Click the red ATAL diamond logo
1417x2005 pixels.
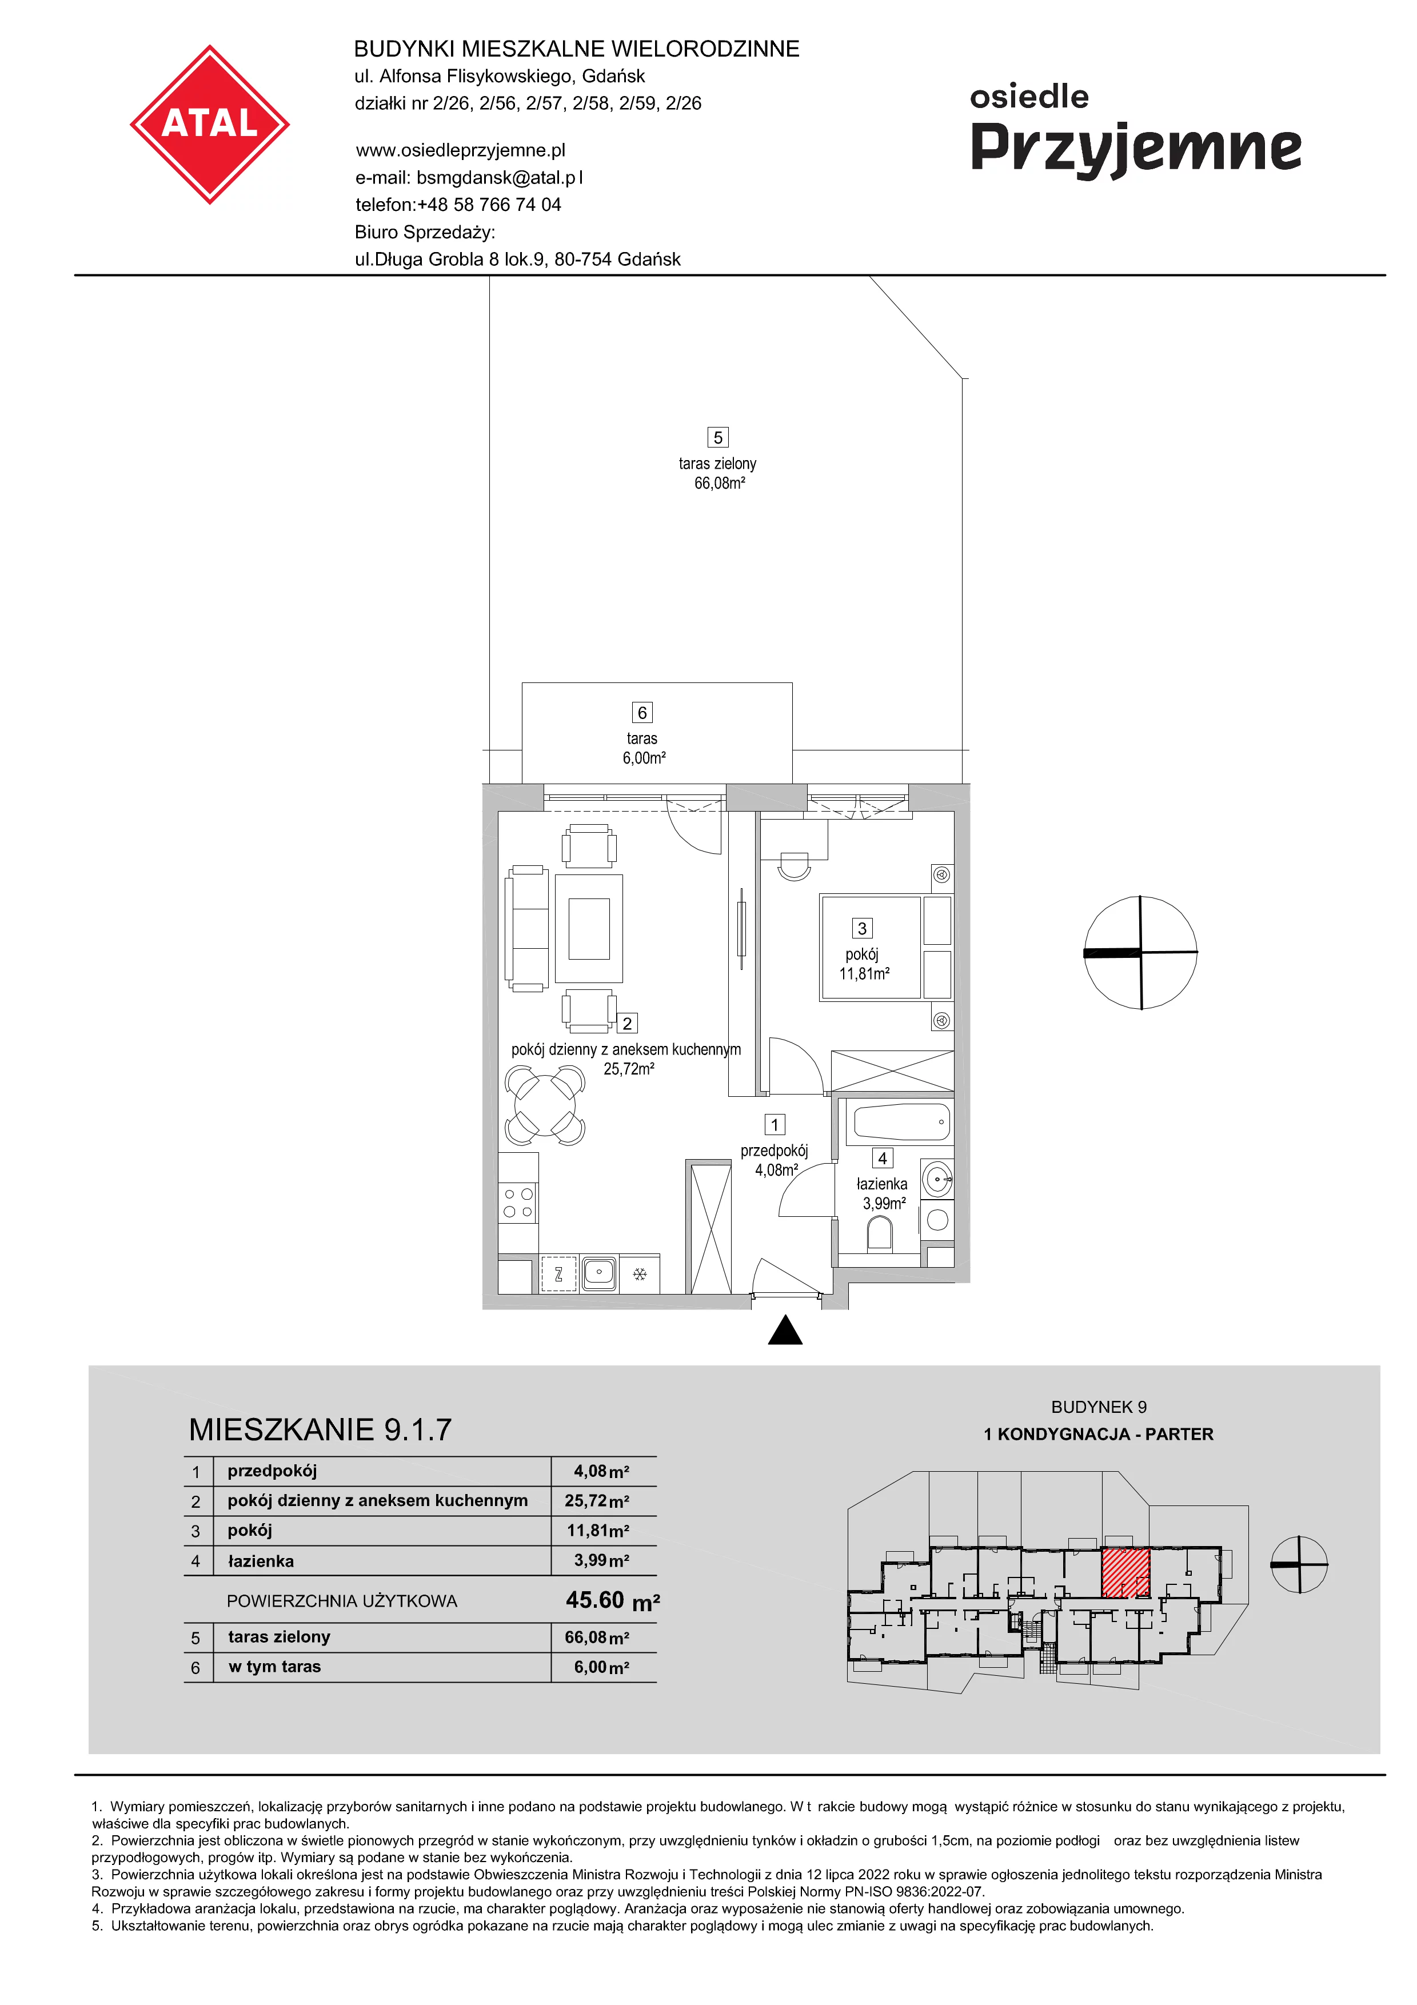pos(210,125)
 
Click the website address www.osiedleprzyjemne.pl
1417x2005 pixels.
pos(461,150)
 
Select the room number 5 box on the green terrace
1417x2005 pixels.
pos(718,437)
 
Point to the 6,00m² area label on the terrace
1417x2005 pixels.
pos(644,758)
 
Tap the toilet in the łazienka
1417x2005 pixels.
pos(880,1235)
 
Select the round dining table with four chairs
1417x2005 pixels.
pos(544,1107)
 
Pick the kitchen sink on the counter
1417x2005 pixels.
pos(599,1273)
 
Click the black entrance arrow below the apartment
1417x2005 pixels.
pos(785,1330)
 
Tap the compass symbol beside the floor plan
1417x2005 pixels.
pos(1140,952)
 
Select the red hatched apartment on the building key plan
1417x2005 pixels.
pos(1125,1573)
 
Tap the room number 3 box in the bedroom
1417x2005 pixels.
pos(862,928)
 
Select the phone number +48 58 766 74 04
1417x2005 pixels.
pos(489,205)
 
